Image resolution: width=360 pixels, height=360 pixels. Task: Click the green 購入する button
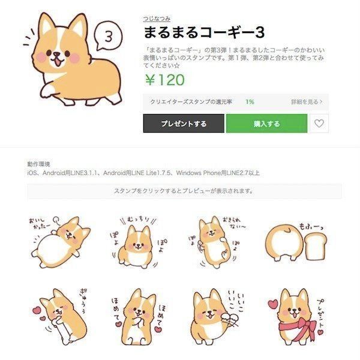point(266,124)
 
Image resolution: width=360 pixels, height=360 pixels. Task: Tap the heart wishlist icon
point(320,124)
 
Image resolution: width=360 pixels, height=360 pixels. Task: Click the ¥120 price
point(163,80)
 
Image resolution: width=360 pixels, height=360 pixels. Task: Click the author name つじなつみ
point(155,18)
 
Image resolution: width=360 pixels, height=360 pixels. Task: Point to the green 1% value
point(249,102)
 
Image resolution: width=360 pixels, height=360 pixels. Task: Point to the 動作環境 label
point(39,164)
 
